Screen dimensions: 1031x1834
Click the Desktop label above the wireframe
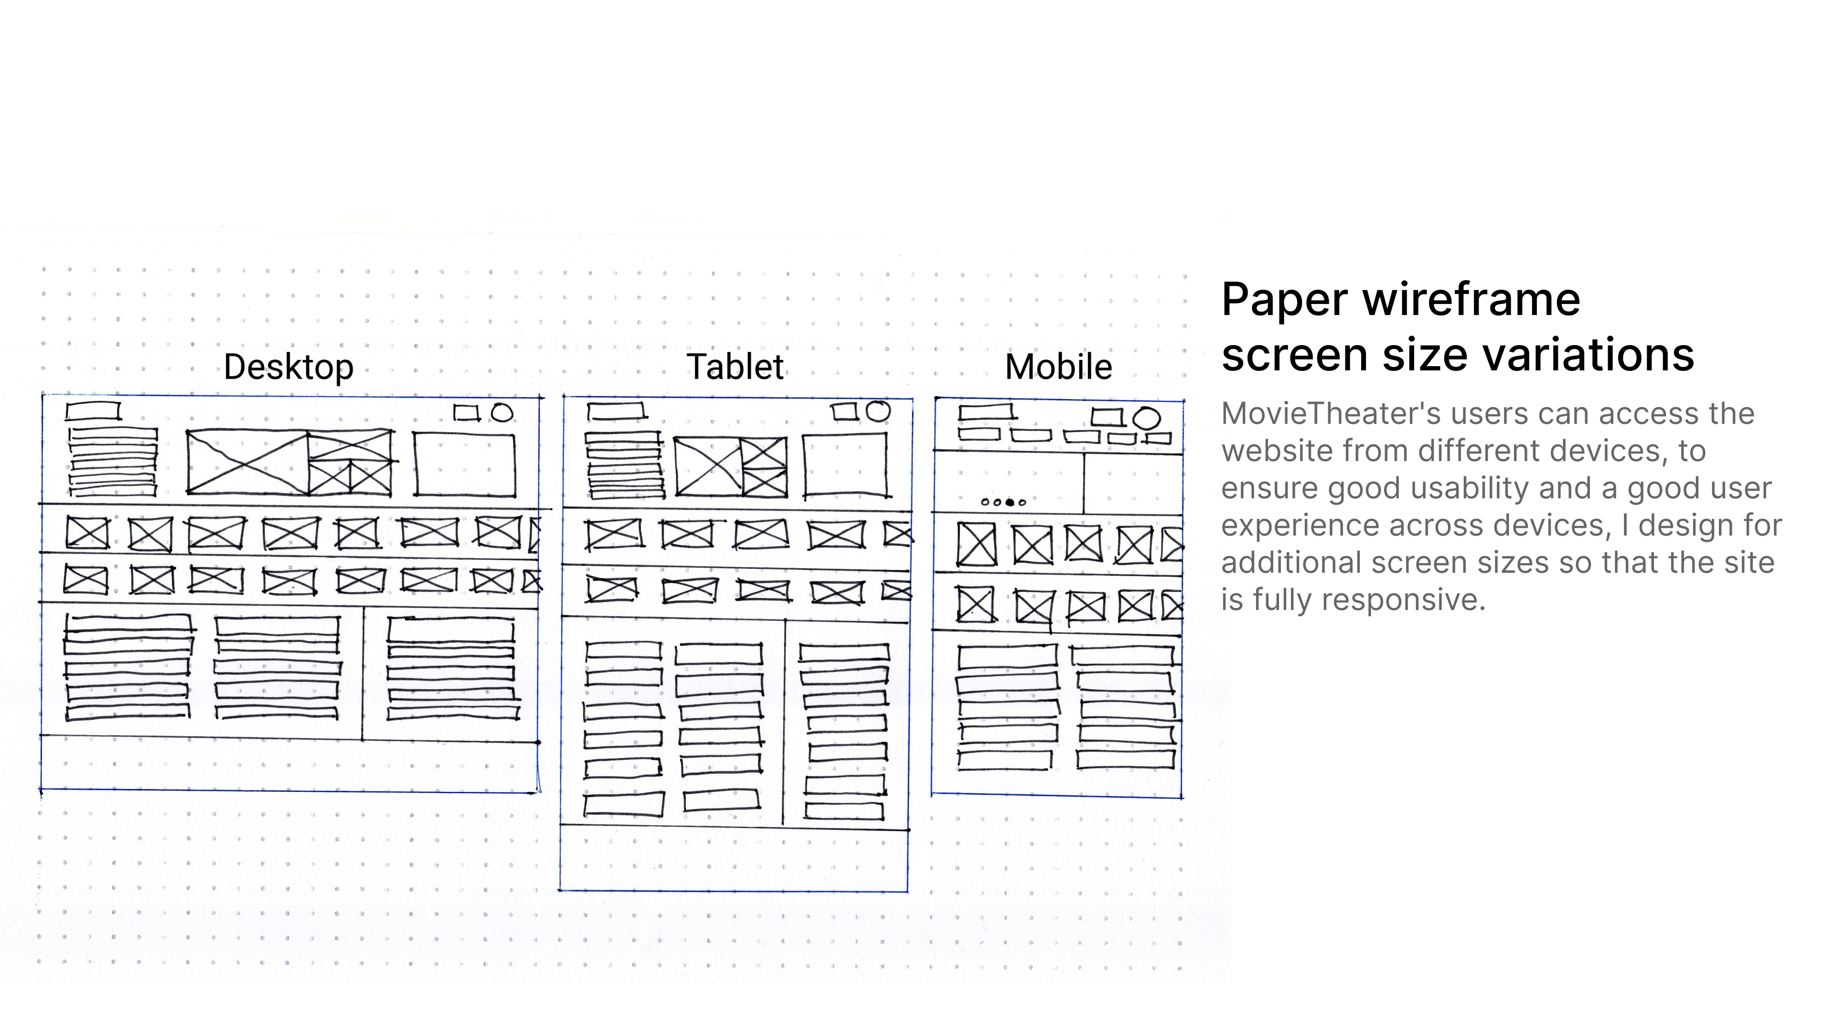pos(288,367)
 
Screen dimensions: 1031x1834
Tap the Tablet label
pos(735,367)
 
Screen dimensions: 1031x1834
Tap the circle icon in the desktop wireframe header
pos(502,413)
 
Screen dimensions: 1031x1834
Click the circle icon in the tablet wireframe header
pos(877,411)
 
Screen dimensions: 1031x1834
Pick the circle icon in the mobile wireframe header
pos(1146,419)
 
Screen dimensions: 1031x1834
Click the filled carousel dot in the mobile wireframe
pos(1010,502)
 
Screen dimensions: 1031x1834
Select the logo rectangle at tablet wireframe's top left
pos(616,411)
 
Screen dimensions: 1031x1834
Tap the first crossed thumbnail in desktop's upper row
pos(87,533)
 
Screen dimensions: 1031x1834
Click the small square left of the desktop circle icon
pos(466,413)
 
